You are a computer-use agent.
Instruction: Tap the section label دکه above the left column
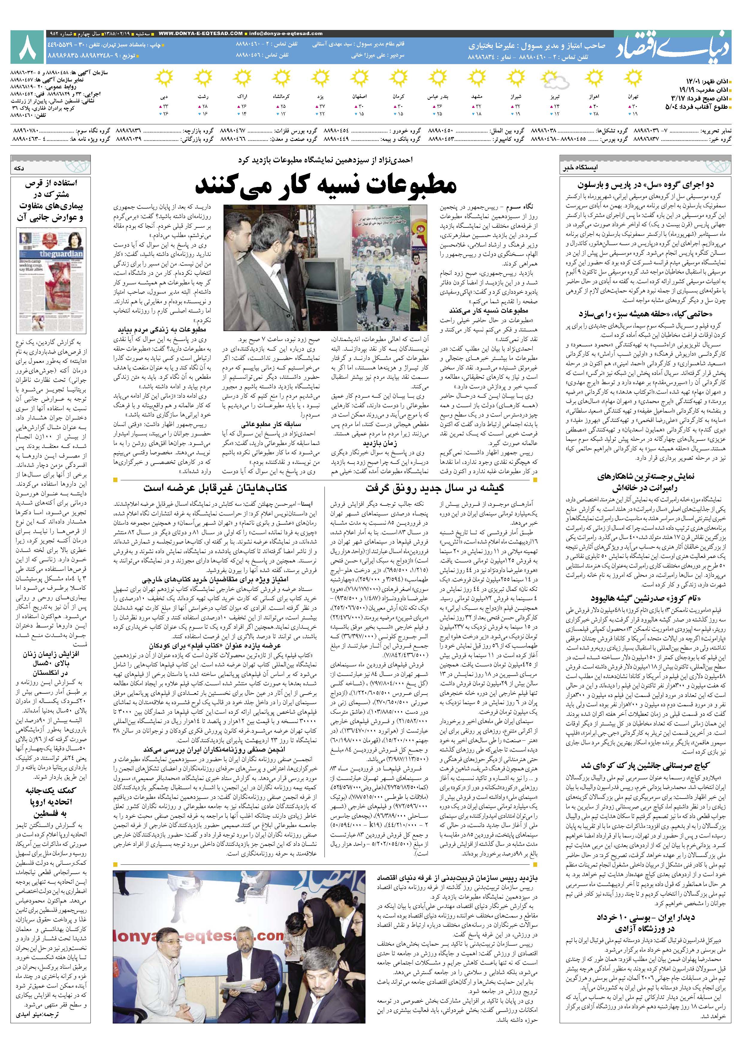(x=20, y=168)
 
